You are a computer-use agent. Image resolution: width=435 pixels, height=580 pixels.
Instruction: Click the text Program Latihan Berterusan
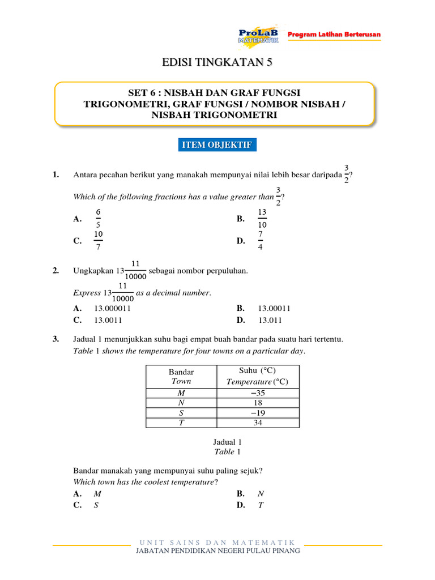click(334, 35)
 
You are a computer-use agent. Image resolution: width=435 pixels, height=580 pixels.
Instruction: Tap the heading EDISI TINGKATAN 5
click(217, 63)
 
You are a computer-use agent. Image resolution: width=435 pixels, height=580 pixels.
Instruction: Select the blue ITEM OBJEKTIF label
click(217, 146)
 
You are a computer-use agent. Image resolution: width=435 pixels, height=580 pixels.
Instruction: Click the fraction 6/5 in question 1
click(98, 219)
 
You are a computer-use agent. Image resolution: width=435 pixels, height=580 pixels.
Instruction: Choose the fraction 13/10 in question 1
click(262, 219)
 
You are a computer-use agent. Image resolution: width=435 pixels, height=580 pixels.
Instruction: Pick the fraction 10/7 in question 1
click(98, 241)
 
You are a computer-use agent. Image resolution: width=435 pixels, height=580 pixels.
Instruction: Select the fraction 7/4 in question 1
click(261, 241)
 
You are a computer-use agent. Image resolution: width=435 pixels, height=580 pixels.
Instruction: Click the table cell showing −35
click(258, 393)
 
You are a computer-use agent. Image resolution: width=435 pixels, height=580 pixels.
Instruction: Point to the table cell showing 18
click(258, 403)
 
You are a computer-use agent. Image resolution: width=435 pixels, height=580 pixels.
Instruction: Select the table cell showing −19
click(258, 413)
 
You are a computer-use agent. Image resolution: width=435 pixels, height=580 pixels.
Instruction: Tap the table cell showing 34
click(258, 423)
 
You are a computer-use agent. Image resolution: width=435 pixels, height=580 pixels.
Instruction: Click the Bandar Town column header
click(181, 377)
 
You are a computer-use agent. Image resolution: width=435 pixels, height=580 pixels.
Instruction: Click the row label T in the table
click(181, 423)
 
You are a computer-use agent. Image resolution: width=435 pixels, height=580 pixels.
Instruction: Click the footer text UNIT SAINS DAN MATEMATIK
click(217, 543)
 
